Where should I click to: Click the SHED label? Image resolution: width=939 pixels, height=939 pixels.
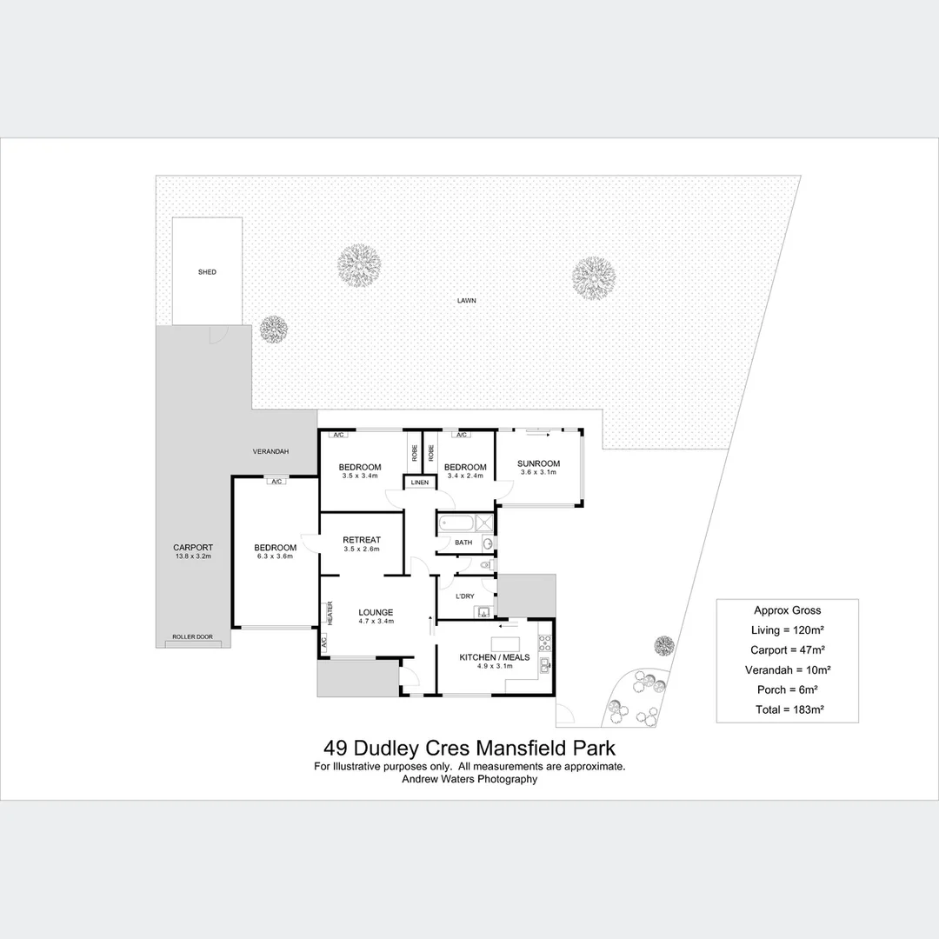[x=207, y=272]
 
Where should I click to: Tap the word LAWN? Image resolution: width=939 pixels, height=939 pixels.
[x=468, y=301]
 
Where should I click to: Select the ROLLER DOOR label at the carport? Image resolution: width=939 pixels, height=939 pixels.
[x=192, y=637]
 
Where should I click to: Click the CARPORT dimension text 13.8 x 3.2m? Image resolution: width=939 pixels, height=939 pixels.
[x=193, y=556]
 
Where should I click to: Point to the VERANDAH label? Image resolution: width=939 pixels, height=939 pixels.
[x=270, y=452]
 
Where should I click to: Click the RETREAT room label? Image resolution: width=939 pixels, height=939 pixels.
[x=362, y=540]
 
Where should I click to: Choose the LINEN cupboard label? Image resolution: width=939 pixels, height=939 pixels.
[x=420, y=482]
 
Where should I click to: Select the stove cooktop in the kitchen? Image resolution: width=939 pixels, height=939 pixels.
[x=546, y=644]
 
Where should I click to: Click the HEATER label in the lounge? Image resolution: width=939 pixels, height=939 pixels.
[x=330, y=612]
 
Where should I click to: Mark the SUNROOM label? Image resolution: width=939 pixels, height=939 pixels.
[x=538, y=463]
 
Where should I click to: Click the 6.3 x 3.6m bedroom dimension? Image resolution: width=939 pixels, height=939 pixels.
[x=275, y=556]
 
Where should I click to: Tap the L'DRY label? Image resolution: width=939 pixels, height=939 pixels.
[x=465, y=596]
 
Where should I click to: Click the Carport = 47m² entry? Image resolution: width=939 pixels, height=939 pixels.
[x=788, y=649]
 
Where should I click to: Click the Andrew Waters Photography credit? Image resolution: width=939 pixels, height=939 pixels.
[x=469, y=779]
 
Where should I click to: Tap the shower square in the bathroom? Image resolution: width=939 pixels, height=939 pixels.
[x=485, y=523]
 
